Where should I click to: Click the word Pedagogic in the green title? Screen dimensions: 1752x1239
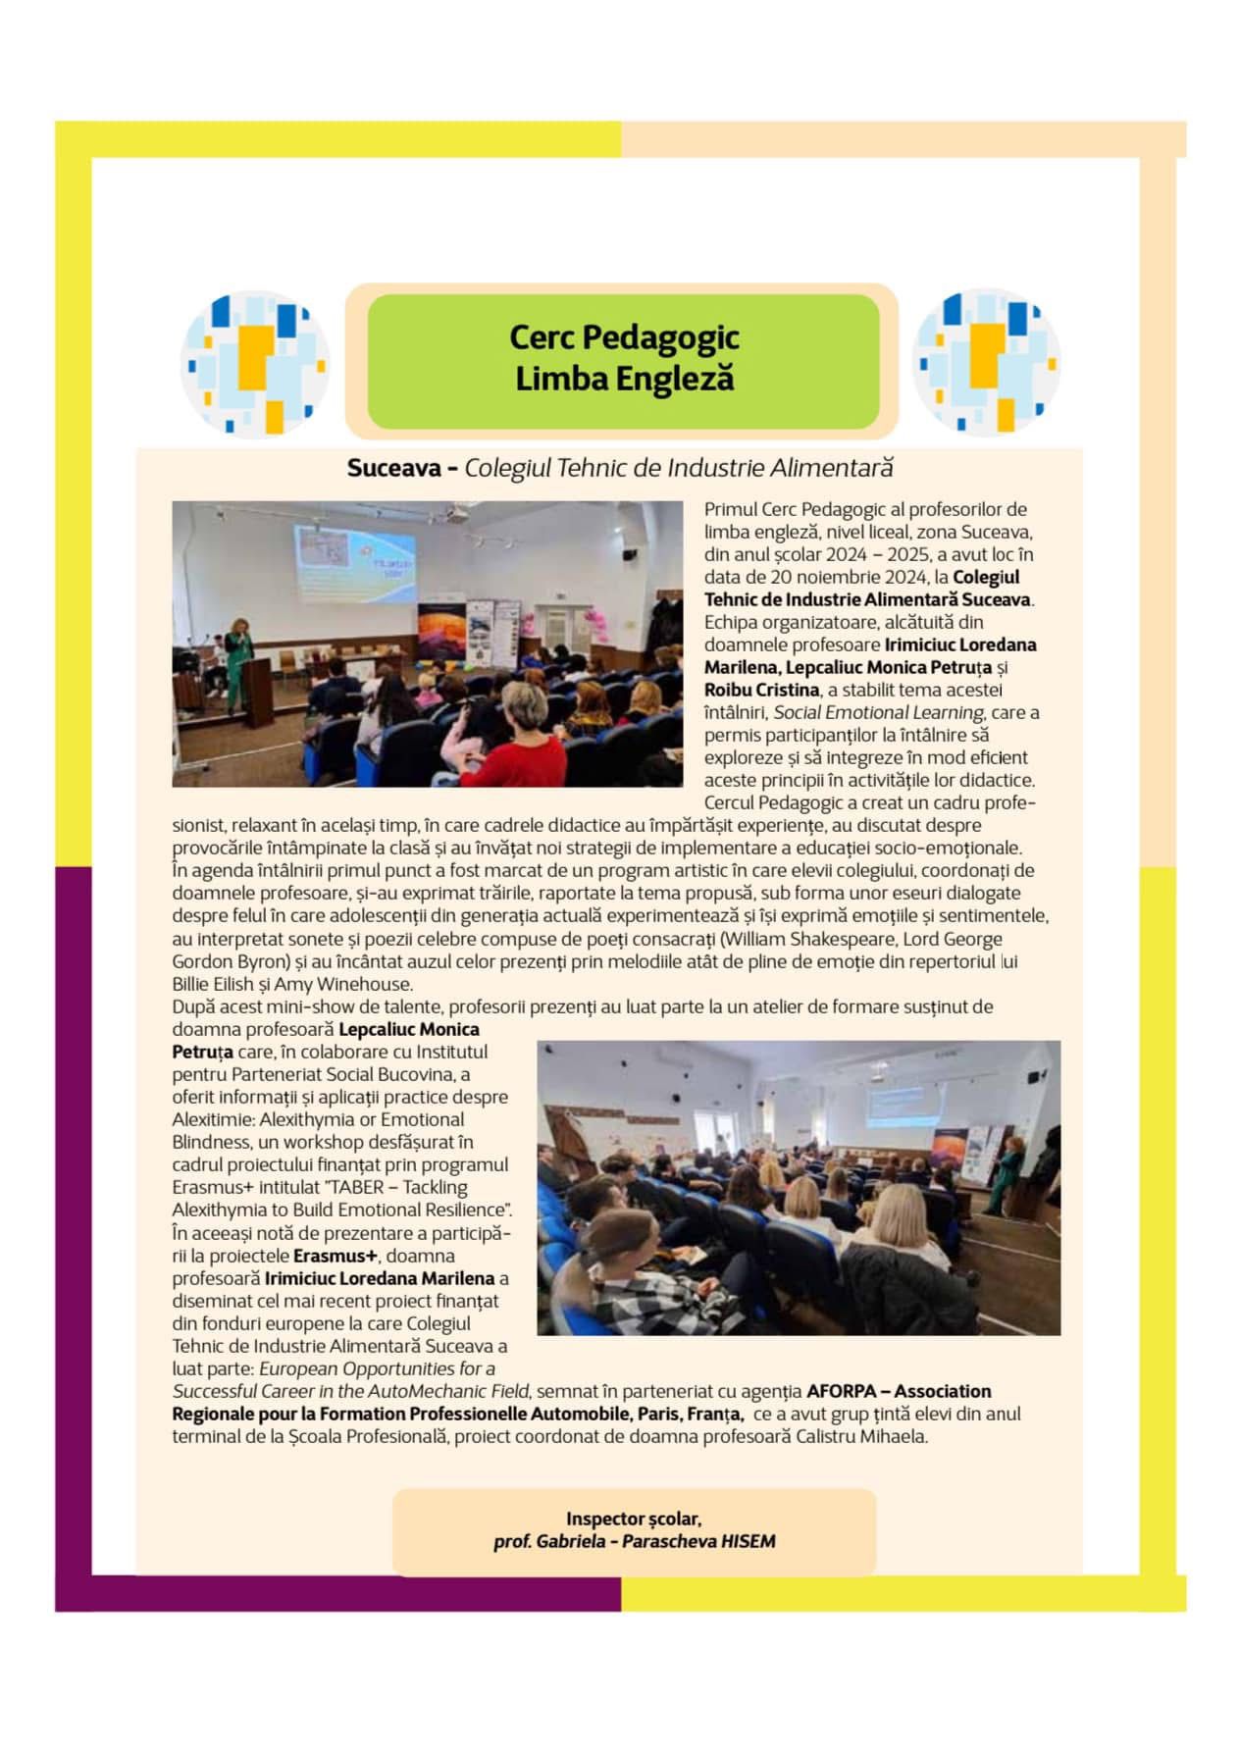pos(660,337)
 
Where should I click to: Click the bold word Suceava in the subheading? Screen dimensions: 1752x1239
pos(394,468)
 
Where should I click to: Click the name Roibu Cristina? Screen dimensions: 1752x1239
pos(761,690)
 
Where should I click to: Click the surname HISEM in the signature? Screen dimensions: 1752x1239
pos(748,1541)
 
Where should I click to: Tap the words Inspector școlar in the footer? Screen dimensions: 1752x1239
pos(633,1519)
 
